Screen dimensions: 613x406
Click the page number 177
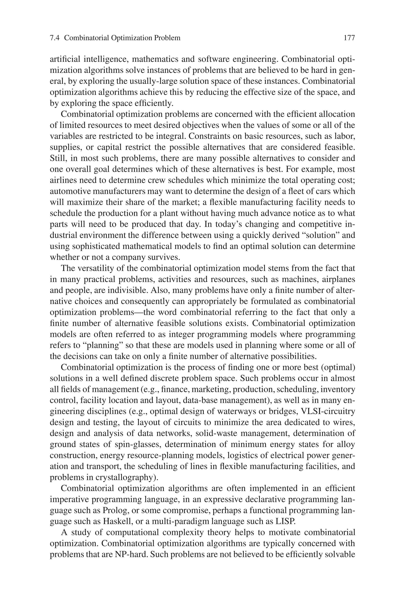tap(349, 38)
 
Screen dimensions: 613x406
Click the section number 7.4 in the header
tap(55, 38)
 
